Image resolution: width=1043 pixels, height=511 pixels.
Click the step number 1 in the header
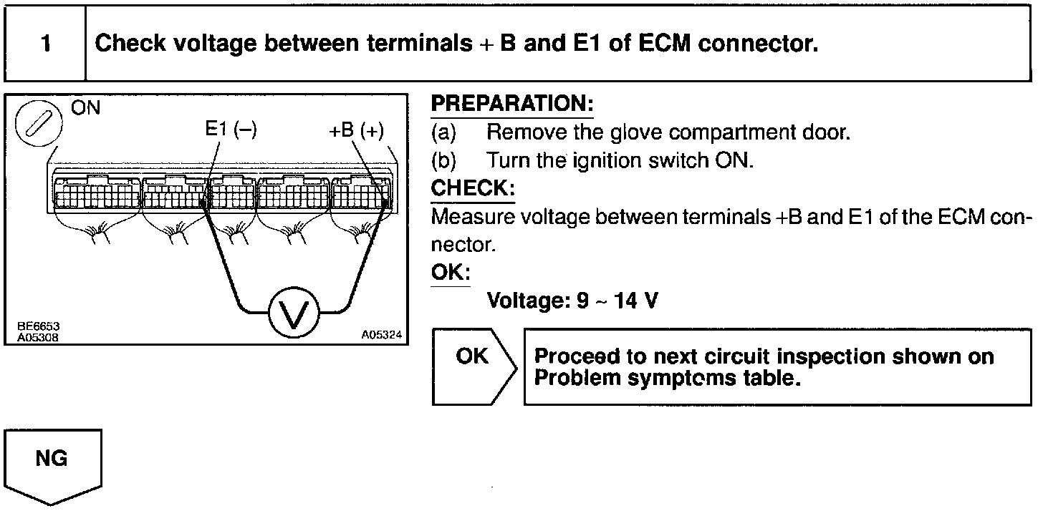click(46, 44)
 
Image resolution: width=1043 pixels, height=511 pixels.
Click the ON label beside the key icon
click(86, 109)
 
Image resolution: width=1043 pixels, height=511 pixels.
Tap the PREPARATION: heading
click(511, 104)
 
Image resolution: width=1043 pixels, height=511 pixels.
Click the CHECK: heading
click(472, 188)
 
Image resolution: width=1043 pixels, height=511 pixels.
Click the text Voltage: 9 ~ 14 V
click(572, 301)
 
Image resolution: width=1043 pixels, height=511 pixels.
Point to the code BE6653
click(39, 326)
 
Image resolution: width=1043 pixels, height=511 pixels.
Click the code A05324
click(382, 335)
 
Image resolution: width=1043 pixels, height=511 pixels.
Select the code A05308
click(39, 336)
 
